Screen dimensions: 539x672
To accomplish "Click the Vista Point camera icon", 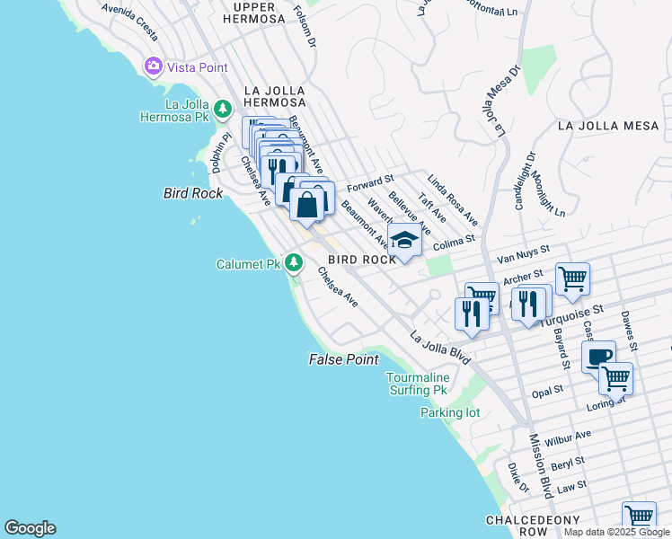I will (153, 66).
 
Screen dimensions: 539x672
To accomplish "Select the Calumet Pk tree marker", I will (293, 262).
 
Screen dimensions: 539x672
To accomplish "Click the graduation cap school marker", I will (404, 241).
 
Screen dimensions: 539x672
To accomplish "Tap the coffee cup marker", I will (598, 357).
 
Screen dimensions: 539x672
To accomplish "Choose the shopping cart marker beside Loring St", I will (615, 378).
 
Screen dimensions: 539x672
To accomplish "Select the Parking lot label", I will (450, 413).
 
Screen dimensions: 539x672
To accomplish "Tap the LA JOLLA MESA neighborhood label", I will (608, 126).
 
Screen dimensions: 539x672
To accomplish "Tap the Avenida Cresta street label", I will (129, 22).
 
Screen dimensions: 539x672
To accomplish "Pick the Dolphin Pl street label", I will (221, 153).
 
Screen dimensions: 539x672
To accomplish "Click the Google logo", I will (30, 528).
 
